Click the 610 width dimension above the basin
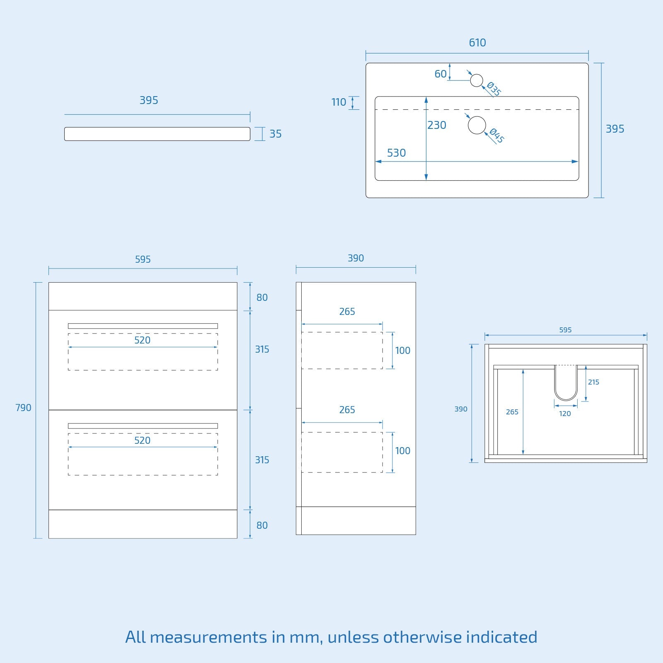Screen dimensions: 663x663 (477, 43)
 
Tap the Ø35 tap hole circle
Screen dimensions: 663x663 (477, 80)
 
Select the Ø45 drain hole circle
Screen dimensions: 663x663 (477, 125)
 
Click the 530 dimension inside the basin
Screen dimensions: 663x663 (396, 153)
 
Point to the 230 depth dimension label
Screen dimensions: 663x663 (437, 125)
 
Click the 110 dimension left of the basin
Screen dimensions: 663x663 (339, 102)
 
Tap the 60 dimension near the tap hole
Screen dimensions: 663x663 (440, 74)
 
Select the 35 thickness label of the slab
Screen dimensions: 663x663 (276, 134)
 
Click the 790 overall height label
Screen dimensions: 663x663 (23, 408)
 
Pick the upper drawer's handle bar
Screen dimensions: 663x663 (143, 326)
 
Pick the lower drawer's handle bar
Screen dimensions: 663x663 (143, 426)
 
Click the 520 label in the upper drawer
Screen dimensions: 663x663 (142, 340)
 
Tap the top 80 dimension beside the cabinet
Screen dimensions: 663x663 (262, 298)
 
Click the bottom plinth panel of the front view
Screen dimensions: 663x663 (143, 524)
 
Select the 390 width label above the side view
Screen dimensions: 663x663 (356, 258)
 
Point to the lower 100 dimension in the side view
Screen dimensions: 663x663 (402, 451)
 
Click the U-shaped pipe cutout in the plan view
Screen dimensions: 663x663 (566, 382)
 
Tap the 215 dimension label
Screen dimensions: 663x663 (593, 382)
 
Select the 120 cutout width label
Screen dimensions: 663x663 (565, 414)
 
